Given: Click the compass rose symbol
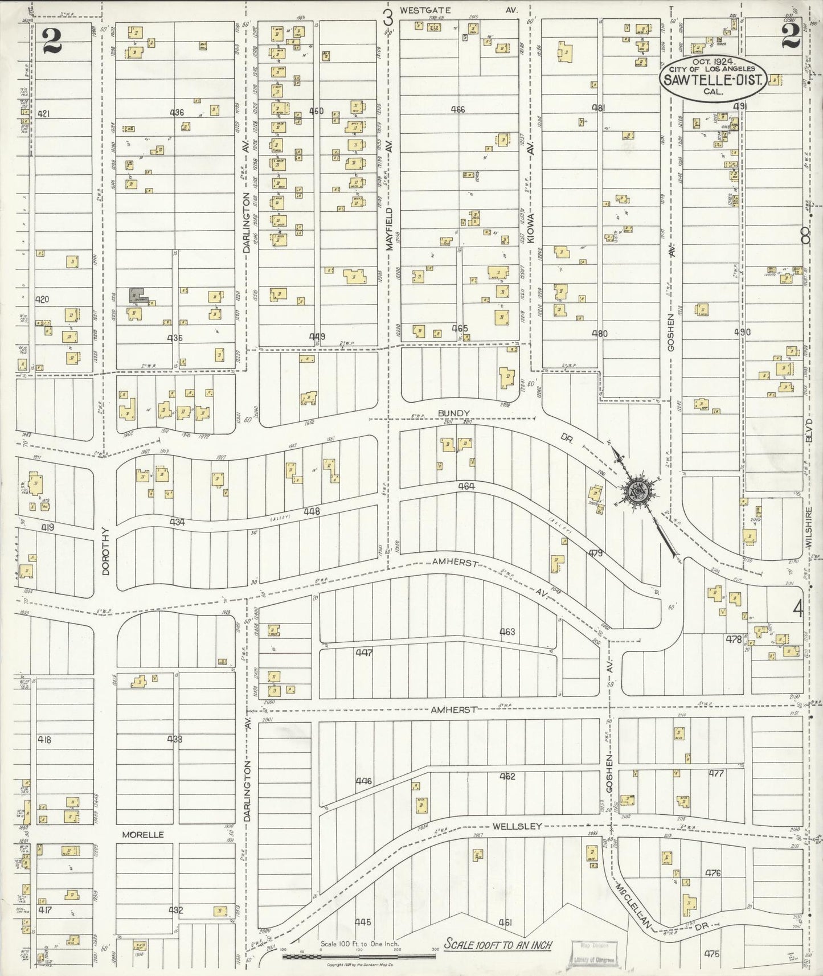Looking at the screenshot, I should tap(637, 491).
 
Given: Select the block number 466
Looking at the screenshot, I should tap(457, 109).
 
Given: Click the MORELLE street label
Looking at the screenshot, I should tap(142, 834).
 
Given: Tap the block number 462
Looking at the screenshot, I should tap(507, 776).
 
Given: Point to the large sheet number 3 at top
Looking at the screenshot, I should tap(388, 18).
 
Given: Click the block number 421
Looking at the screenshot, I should tap(43, 114).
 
